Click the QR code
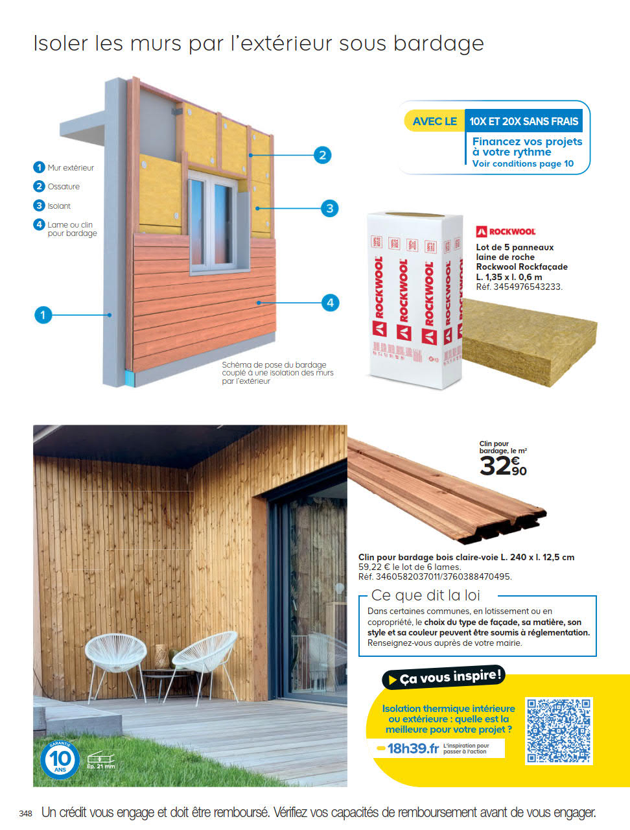[559, 730]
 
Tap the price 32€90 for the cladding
[503, 466]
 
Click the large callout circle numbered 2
[322, 155]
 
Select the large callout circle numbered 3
[329, 208]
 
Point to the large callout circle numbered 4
[330, 302]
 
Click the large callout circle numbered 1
[43, 315]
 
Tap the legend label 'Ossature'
[64, 187]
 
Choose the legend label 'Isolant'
[59, 206]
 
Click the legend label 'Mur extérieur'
[71, 168]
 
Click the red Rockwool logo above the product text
[506, 231]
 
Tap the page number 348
[25, 813]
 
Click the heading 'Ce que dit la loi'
[425, 595]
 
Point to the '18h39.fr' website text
[412, 748]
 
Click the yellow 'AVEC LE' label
[434, 121]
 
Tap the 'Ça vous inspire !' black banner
[444, 678]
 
